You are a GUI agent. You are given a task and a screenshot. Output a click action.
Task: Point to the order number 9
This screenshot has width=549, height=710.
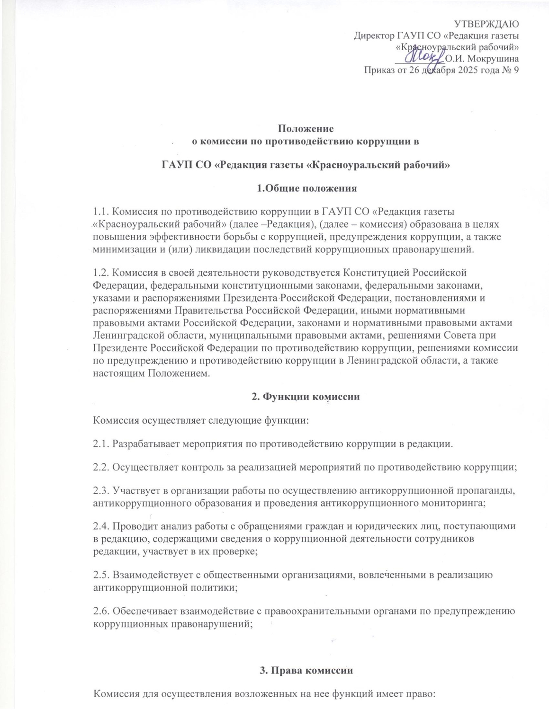(x=516, y=71)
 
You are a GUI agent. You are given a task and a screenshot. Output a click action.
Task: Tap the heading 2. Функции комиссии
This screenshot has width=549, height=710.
(x=306, y=397)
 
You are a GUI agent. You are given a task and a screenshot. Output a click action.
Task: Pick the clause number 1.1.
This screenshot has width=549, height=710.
(x=101, y=211)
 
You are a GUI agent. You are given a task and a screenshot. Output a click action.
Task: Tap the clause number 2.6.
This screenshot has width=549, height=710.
(x=101, y=611)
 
